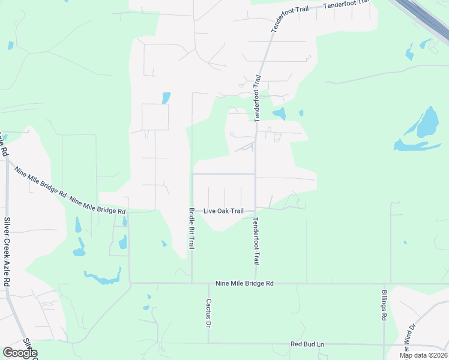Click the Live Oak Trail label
(x=223, y=211)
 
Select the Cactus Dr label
(x=209, y=313)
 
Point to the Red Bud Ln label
(x=307, y=344)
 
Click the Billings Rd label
(x=384, y=305)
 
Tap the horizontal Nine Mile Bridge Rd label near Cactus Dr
(x=244, y=283)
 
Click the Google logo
(x=20, y=353)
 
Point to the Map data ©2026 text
(x=423, y=355)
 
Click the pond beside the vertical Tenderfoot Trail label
(x=279, y=113)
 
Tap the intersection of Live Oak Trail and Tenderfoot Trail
(x=256, y=209)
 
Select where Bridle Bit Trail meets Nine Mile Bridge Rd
(x=191, y=283)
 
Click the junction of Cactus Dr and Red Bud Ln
(x=208, y=344)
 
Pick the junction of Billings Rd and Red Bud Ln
(x=384, y=344)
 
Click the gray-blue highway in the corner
(x=420, y=18)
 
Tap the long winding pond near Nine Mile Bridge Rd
(x=102, y=278)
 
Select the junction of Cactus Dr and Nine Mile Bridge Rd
(x=208, y=283)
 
